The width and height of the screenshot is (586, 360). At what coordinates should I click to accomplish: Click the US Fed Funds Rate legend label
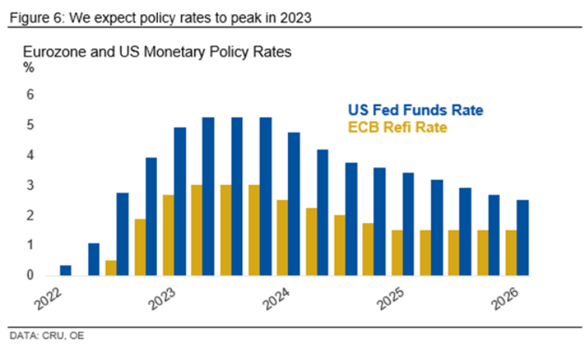point(415,110)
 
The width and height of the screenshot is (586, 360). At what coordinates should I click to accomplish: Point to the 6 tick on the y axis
point(30,95)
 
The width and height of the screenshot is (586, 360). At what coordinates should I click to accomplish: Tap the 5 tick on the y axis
point(30,125)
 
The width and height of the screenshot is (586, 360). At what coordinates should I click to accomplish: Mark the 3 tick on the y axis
point(30,186)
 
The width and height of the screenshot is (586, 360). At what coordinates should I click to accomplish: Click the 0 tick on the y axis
point(30,276)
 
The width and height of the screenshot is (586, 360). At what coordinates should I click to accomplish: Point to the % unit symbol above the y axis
point(29,67)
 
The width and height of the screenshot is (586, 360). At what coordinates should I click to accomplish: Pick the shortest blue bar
point(66,271)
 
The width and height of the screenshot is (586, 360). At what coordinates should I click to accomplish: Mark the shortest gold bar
point(111,268)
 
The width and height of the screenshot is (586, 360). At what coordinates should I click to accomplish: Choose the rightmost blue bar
point(523,238)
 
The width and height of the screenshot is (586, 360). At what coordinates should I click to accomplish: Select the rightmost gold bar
point(511,252)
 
